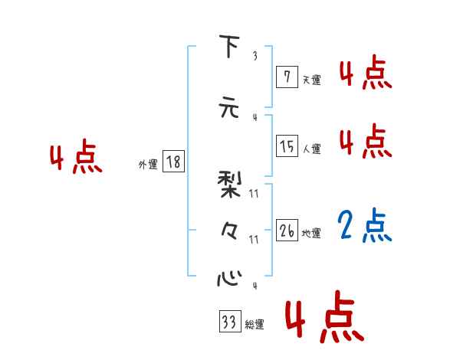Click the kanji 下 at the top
point(228,47)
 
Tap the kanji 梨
point(229,184)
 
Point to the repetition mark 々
point(228,230)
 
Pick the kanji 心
point(228,277)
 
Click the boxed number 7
point(286,76)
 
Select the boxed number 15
point(287,146)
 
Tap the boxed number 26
point(287,230)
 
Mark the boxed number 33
point(228,322)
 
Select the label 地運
point(311,234)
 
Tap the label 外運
point(147,165)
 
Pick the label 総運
point(255,325)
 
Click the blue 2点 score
point(365,225)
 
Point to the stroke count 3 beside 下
point(255,56)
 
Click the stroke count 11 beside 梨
point(255,195)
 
